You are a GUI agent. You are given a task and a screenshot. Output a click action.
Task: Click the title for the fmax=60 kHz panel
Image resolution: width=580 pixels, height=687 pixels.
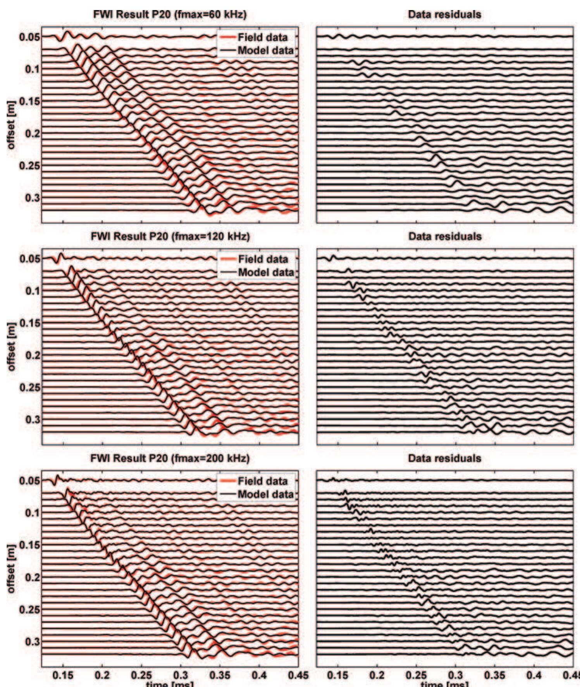tap(170, 15)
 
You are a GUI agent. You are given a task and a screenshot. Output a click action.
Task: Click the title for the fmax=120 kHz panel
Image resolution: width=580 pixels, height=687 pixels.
tap(170, 236)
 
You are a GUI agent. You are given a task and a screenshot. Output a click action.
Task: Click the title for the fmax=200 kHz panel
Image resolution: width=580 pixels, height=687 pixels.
tap(170, 458)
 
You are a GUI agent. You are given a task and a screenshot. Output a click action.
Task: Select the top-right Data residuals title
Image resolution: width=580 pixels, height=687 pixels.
tap(445, 15)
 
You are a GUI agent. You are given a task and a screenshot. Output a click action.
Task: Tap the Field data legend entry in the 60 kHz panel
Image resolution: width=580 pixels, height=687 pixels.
tap(262, 37)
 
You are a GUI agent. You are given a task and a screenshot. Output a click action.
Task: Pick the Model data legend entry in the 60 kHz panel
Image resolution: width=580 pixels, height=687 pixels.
tap(265, 50)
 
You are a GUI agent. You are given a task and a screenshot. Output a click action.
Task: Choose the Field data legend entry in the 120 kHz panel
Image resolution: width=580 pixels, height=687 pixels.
tap(263, 259)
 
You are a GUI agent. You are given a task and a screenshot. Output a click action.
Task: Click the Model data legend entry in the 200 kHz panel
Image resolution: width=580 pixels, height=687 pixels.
tap(265, 494)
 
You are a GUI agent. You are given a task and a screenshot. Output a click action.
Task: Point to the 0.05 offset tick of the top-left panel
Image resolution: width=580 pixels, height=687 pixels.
tap(29, 37)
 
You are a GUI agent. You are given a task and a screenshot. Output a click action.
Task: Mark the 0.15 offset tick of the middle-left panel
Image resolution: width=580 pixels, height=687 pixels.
tap(29, 323)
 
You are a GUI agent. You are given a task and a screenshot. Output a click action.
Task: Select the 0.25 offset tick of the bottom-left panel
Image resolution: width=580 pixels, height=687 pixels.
tap(29, 610)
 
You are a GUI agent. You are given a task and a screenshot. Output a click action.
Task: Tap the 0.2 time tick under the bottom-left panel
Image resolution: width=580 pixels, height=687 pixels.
tap(102, 675)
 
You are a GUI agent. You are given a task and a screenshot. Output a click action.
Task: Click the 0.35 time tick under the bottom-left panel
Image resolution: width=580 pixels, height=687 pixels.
tap(220, 675)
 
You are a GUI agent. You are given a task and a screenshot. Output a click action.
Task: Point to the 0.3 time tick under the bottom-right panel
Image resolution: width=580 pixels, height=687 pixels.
tap(456, 675)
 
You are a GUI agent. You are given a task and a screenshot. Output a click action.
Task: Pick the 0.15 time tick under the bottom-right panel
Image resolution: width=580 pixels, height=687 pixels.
tap(338, 675)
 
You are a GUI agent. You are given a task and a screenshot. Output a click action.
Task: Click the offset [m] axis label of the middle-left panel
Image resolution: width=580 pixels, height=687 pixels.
tap(12, 346)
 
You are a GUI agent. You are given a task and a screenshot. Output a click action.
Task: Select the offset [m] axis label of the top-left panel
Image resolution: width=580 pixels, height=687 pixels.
tap(12, 125)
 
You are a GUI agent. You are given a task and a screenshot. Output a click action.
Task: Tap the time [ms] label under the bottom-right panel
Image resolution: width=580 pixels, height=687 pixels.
tap(445, 684)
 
